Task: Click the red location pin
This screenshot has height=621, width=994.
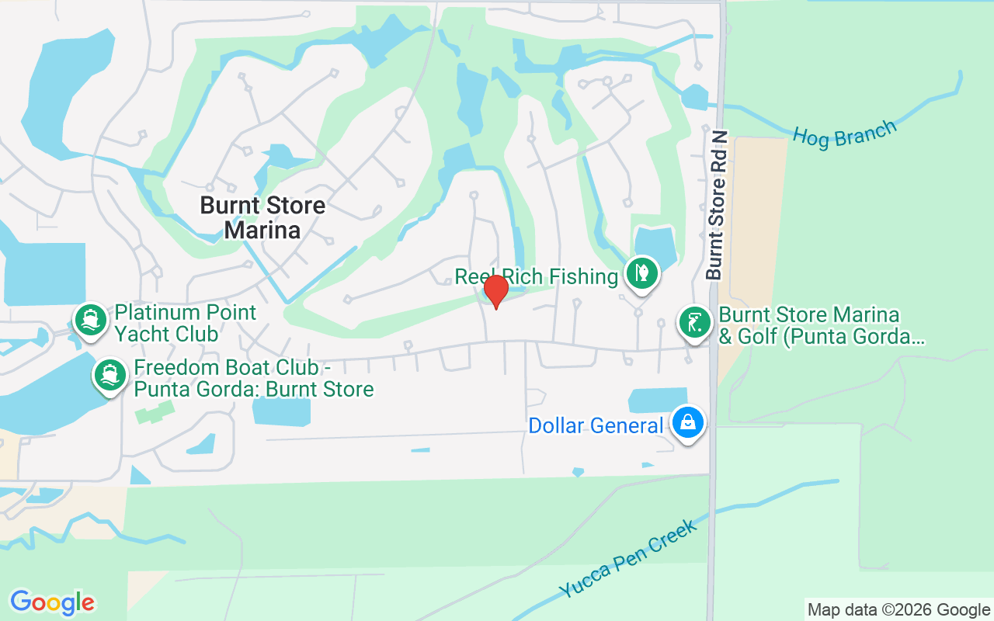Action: pyautogui.click(x=495, y=291)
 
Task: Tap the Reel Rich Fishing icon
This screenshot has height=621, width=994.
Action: pyautogui.click(x=641, y=273)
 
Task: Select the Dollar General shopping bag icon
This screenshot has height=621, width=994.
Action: pyautogui.click(x=688, y=422)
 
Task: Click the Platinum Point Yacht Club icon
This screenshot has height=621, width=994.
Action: pyautogui.click(x=91, y=320)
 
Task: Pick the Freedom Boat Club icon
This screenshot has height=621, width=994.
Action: pyautogui.click(x=110, y=376)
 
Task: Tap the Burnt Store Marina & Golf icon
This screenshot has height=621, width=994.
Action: pyautogui.click(x=695, y=322)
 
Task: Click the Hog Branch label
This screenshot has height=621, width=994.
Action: pyautogui.click(x=844, y=134)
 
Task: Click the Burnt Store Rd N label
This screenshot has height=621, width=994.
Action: pyautogui.click(x=717, y=205)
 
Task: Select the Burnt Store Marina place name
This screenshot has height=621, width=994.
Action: pyautogui.click(x=262, y=217)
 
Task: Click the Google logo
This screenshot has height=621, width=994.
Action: pyautogui.click(x=52, y=602)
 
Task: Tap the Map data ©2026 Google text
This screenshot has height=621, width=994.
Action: pyautogui.click(x=898, y=610)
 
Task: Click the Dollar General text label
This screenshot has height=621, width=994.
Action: pyautogui.click(x=596, y=425)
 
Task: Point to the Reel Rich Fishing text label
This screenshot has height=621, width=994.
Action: pyautogui.click(x=537, y=276)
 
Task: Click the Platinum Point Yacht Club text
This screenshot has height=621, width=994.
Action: pyautogui.click(x=186, y=323)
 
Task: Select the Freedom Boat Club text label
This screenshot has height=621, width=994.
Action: pyautogui.click(x=254, y=378)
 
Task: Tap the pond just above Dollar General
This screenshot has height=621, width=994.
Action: pyautogui.click(x=656, y=400)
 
